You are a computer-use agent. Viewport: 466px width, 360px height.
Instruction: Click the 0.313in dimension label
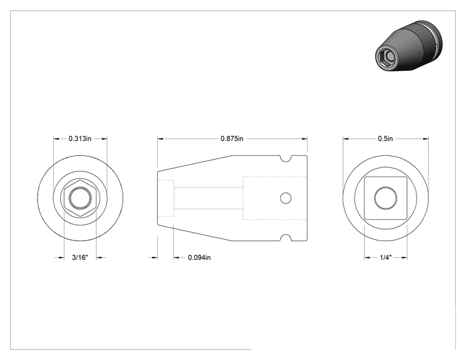80,138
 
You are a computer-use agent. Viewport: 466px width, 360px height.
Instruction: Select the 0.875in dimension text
232,138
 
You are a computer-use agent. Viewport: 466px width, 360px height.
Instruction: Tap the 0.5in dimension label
385,138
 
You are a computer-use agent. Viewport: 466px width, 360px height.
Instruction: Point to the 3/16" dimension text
80,257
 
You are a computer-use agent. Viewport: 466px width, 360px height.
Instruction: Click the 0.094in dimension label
199,257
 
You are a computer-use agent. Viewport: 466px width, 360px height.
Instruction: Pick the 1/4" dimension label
385,257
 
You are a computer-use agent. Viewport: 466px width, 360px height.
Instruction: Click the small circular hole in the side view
286,198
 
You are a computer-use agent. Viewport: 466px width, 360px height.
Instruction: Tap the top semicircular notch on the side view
286,159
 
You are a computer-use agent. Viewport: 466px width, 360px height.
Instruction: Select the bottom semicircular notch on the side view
286,237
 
